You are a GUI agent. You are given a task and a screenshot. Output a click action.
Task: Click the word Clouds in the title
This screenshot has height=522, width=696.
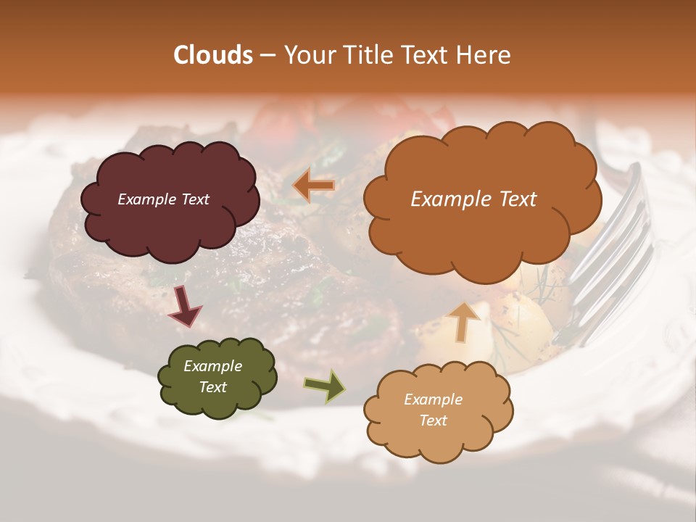tap(213, 55)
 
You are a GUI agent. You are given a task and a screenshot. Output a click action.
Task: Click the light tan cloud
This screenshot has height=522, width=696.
tap(438, 435)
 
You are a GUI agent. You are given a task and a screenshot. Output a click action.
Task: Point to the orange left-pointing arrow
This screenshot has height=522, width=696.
tap(313, 186)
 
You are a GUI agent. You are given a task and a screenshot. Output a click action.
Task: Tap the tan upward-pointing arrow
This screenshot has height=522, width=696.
tap(464, 320)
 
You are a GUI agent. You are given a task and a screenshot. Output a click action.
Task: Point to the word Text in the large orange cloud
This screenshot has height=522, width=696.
tap(513, 199)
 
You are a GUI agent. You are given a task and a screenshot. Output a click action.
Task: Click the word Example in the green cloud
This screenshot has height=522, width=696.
tap(212, 366)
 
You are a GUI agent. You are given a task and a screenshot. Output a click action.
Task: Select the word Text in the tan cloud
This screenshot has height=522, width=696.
tap(433, 420)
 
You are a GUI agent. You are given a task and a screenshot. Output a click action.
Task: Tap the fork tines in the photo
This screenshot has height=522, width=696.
tap(613, 254)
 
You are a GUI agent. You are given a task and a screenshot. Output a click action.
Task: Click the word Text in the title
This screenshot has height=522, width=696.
tap(428, 55)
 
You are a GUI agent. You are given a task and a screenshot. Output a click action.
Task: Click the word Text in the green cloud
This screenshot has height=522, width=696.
tap(212, 387)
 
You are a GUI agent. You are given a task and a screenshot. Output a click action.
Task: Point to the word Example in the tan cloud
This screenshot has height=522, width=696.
tap(433, 399)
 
